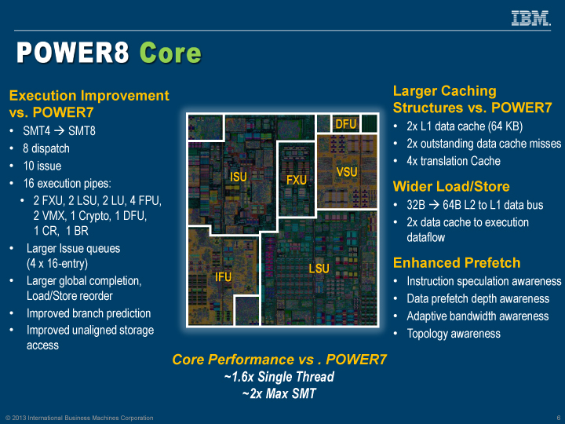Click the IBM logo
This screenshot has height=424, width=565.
click(x=530, y=18)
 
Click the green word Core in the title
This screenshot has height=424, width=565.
click(x=170, y=53)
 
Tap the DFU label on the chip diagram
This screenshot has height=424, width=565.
click(x=346, y=124)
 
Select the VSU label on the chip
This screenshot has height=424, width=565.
click(x=347, y=172)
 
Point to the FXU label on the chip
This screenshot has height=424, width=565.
click(x=296, y=181)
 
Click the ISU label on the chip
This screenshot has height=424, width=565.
click(x=239, y=177)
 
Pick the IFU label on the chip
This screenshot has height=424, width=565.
click(x=223, y=277)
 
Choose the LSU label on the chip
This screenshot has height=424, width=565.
click(x=319, y=269)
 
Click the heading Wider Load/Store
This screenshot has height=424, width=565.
click(x=451, y=186)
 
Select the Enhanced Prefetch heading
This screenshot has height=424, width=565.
click(x=457, y=262)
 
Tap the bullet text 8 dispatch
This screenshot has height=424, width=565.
click(x=46, y=148)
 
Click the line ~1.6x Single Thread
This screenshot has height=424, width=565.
click(x=279, y=377)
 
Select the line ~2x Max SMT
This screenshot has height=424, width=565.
click(x=279, y=393)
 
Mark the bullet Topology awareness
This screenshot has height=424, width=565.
click(x=453, y=334)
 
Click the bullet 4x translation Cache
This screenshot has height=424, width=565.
click(x=453, y=161)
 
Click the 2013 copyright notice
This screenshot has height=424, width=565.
click(x=79, y=418)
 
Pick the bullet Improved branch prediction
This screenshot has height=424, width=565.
click(x=88, y=313)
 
